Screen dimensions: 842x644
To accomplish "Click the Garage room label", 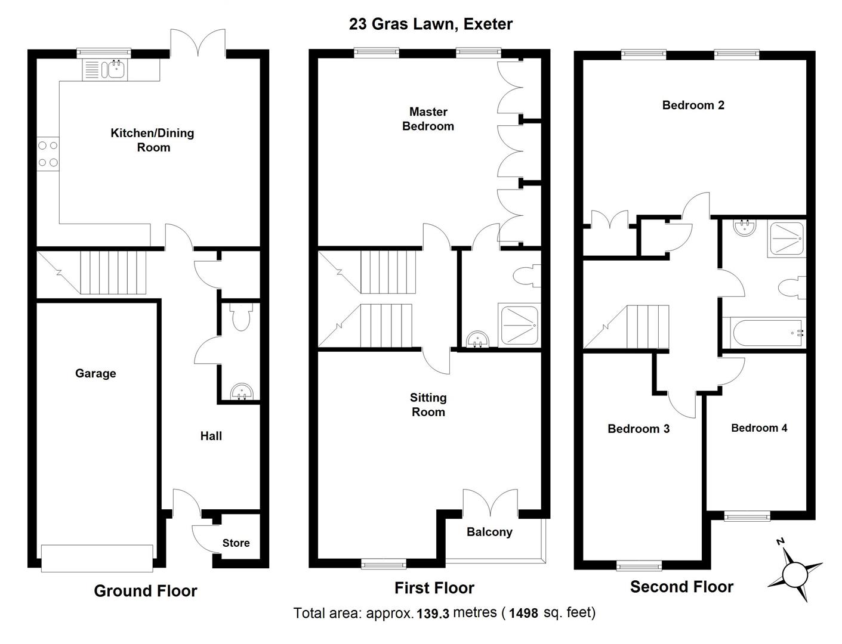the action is tap(95, 373).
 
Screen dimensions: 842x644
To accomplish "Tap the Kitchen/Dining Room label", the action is tap(153, 140).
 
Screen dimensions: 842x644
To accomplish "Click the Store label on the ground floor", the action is tap(236, 543).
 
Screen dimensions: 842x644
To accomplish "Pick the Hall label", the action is tap(211, 436).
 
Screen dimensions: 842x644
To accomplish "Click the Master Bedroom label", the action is tap(428, 119).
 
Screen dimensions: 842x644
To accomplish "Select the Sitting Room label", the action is tap(428, 404).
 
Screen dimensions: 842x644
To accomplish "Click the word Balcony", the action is tap(489, 532).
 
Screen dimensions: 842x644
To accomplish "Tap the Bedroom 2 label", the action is tap(693, 106).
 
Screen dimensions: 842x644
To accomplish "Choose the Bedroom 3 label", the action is tap(638, 429).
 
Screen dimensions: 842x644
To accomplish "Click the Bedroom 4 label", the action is tap(758, 428).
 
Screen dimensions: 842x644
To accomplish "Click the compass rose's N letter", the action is tap(779, 541).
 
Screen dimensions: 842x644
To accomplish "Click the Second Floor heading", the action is tap(681, 587).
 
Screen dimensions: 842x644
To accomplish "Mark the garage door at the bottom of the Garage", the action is tap(97, 558).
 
